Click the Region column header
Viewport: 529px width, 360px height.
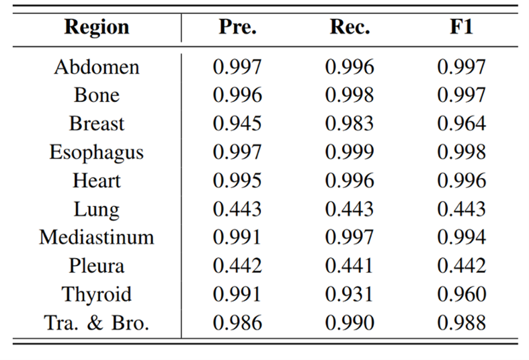click(96, 28)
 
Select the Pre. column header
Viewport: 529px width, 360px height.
click(237, 28)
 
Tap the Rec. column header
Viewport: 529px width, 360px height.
click(349, 28)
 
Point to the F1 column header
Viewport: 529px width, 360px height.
click(461, 28)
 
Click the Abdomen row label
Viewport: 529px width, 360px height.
click(97, 67)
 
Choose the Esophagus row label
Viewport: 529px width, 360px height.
click(97, 152)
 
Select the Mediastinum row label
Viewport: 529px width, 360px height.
click(97, 238)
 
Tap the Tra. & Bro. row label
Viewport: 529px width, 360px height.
click(97, 323)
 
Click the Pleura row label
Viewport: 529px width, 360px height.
click(97, 266)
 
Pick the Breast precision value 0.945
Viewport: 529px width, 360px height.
click(237, 124)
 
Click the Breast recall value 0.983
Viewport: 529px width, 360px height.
click(349, 124)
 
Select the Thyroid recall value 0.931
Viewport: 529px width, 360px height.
click(349, 295)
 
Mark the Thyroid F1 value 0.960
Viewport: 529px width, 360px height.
click(461, 295)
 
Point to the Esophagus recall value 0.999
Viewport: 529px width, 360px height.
click(349, 152)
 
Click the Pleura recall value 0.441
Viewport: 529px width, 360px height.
click(349, 266)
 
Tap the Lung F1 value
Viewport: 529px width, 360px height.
click(461, 210)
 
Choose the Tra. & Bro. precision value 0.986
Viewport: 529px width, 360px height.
click(237, 323)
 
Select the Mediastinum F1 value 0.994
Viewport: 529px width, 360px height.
click(461, 238)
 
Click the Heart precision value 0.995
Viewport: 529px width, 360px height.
click(237, 181)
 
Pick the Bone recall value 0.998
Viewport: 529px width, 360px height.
click(349, 96)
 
